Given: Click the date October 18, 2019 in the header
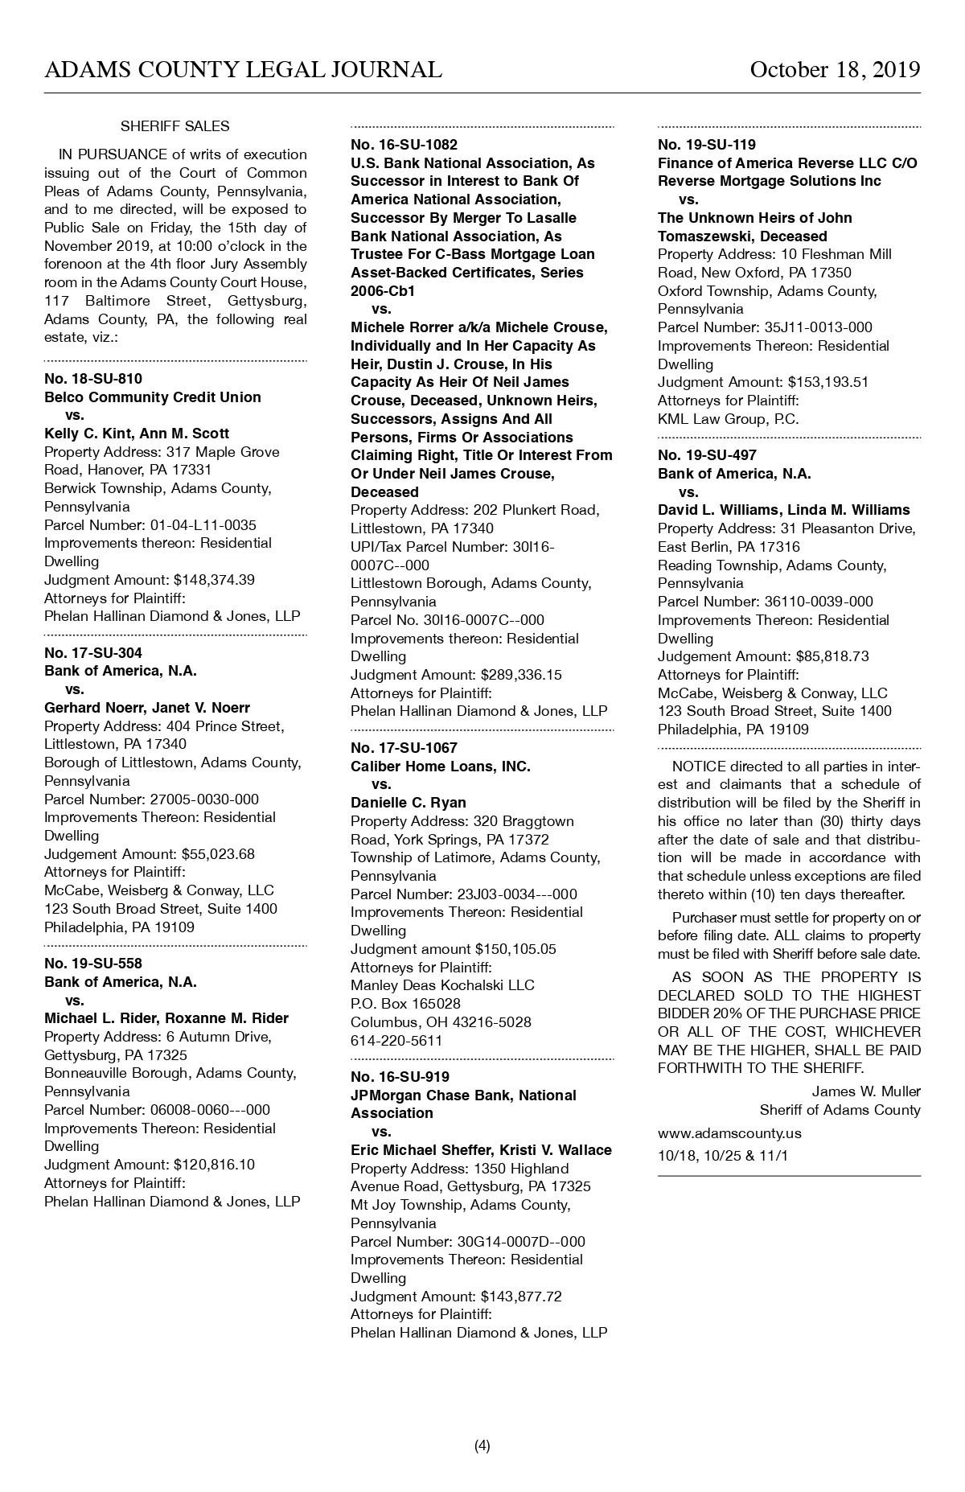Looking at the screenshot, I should [835, 70].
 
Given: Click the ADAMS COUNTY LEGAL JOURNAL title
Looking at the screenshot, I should [243, 70].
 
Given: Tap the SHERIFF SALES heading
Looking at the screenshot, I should [175, 126].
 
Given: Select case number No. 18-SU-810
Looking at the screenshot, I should [93, 379].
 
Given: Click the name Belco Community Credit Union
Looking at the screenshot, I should [153, 397].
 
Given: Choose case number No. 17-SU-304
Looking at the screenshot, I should [93, 653].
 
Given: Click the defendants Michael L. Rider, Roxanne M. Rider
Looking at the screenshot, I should [166, 1018].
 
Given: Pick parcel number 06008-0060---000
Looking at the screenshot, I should [210, 1110].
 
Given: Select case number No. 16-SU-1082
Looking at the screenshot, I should [404, 145].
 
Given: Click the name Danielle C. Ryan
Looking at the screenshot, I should [409, 803].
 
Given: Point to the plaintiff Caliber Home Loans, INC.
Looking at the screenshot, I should [441, 767].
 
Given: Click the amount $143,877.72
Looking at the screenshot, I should [521, 1297].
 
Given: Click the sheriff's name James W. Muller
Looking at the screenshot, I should [866, 1091].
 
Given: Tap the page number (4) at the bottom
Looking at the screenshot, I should [482, 1446].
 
